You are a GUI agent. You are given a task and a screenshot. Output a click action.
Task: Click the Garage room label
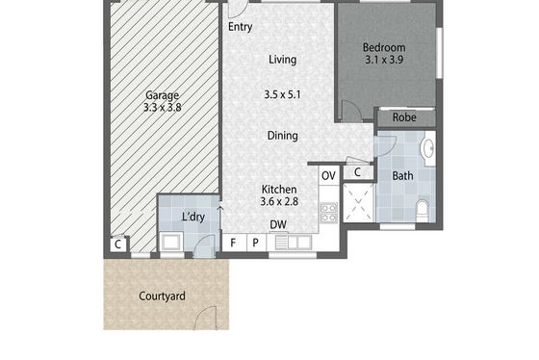click(x=162, y=95)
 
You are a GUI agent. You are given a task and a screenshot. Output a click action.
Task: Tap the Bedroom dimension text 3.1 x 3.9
click(x=384, y=60)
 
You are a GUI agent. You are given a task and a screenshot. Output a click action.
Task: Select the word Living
click(x=283, y=60)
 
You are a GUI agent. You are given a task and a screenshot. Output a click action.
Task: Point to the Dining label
click(x=283, y=136)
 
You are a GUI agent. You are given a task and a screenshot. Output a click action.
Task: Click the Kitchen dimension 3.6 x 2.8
click(x=279, y=201)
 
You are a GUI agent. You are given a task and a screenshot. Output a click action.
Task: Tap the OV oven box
click(x=328, y=176)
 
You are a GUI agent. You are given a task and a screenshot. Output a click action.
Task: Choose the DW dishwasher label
click(x=278, y=225)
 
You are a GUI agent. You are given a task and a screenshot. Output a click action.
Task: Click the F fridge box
click(x=234, y=243)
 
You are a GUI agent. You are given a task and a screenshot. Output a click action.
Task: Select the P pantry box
click(x=256, y=243)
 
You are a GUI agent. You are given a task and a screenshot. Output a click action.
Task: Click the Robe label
click(x=404, y=117)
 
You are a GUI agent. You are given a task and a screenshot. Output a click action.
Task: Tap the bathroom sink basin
click(x=428, y=148)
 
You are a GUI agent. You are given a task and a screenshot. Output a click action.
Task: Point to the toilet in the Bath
click(x=423, y=211)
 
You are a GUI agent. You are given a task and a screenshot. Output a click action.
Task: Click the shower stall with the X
click(x=358, y=202)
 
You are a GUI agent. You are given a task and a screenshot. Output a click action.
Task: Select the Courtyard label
click(x=162, y=296)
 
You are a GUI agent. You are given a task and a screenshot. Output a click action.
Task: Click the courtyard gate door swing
click(x=206, y=318)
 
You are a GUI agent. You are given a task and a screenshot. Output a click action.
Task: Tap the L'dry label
click(x=193, y=217)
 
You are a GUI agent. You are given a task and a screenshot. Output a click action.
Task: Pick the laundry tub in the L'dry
click(x=171, y=242)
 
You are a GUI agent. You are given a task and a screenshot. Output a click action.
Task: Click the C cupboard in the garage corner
click(x=118, y=244)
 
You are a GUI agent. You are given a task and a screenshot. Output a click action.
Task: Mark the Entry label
click(x=241, y=27)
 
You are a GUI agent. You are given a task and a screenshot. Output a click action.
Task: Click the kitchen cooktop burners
click(x=328, y=213)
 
